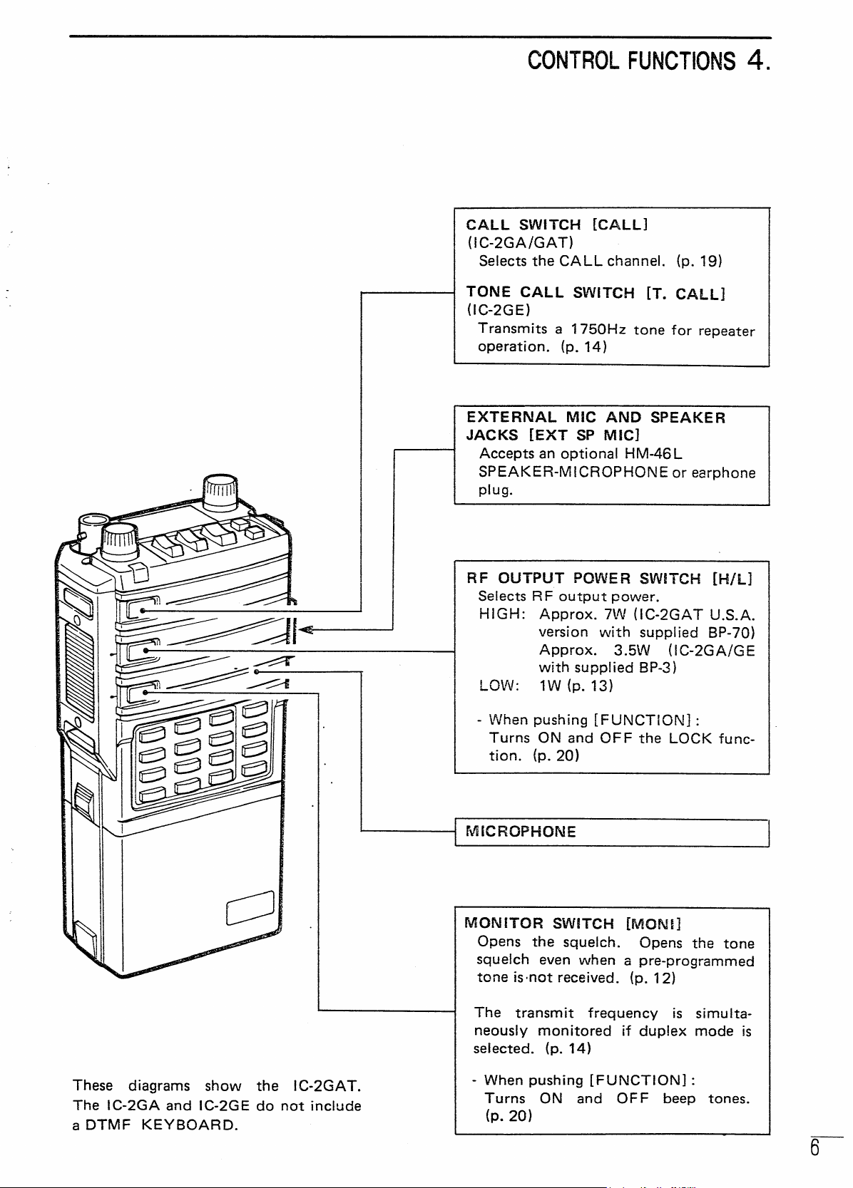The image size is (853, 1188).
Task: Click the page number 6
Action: pyautogui.click(x=814, y=1147)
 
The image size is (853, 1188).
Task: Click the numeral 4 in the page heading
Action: pyautogui.click(x=756, y=61)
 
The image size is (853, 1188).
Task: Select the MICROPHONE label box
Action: pyautogui.click(x=611, y=832)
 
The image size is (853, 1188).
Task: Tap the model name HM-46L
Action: pyautogui.click(x=653, y=454)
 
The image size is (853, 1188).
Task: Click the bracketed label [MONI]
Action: pyautogui.click(x=653, y=924)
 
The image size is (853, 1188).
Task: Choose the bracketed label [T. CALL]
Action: pyautogui.click(x=685, y=294)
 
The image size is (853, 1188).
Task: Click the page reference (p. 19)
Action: pyautogui.click(x=699, y=261)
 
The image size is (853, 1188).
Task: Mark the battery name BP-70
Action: pyautogui.click(x=730, y=633)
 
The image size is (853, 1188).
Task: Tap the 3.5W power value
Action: pyautogui.click(x=632, y=650)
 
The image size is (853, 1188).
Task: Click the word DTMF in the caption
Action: pyautogui.click(x=108, y=1125)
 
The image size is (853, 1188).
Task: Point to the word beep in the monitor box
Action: pyautogui.click(x=679, y=1098)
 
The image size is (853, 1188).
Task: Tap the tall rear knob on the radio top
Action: pyautogui.click(x=220, y=492)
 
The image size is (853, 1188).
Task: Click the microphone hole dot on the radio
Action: pyautogui.click(x=256, y=671)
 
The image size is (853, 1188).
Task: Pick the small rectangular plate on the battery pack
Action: pyautogui.click(x=250, y=907)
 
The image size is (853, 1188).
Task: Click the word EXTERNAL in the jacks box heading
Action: pyautogui.click(x=511, y=418)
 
